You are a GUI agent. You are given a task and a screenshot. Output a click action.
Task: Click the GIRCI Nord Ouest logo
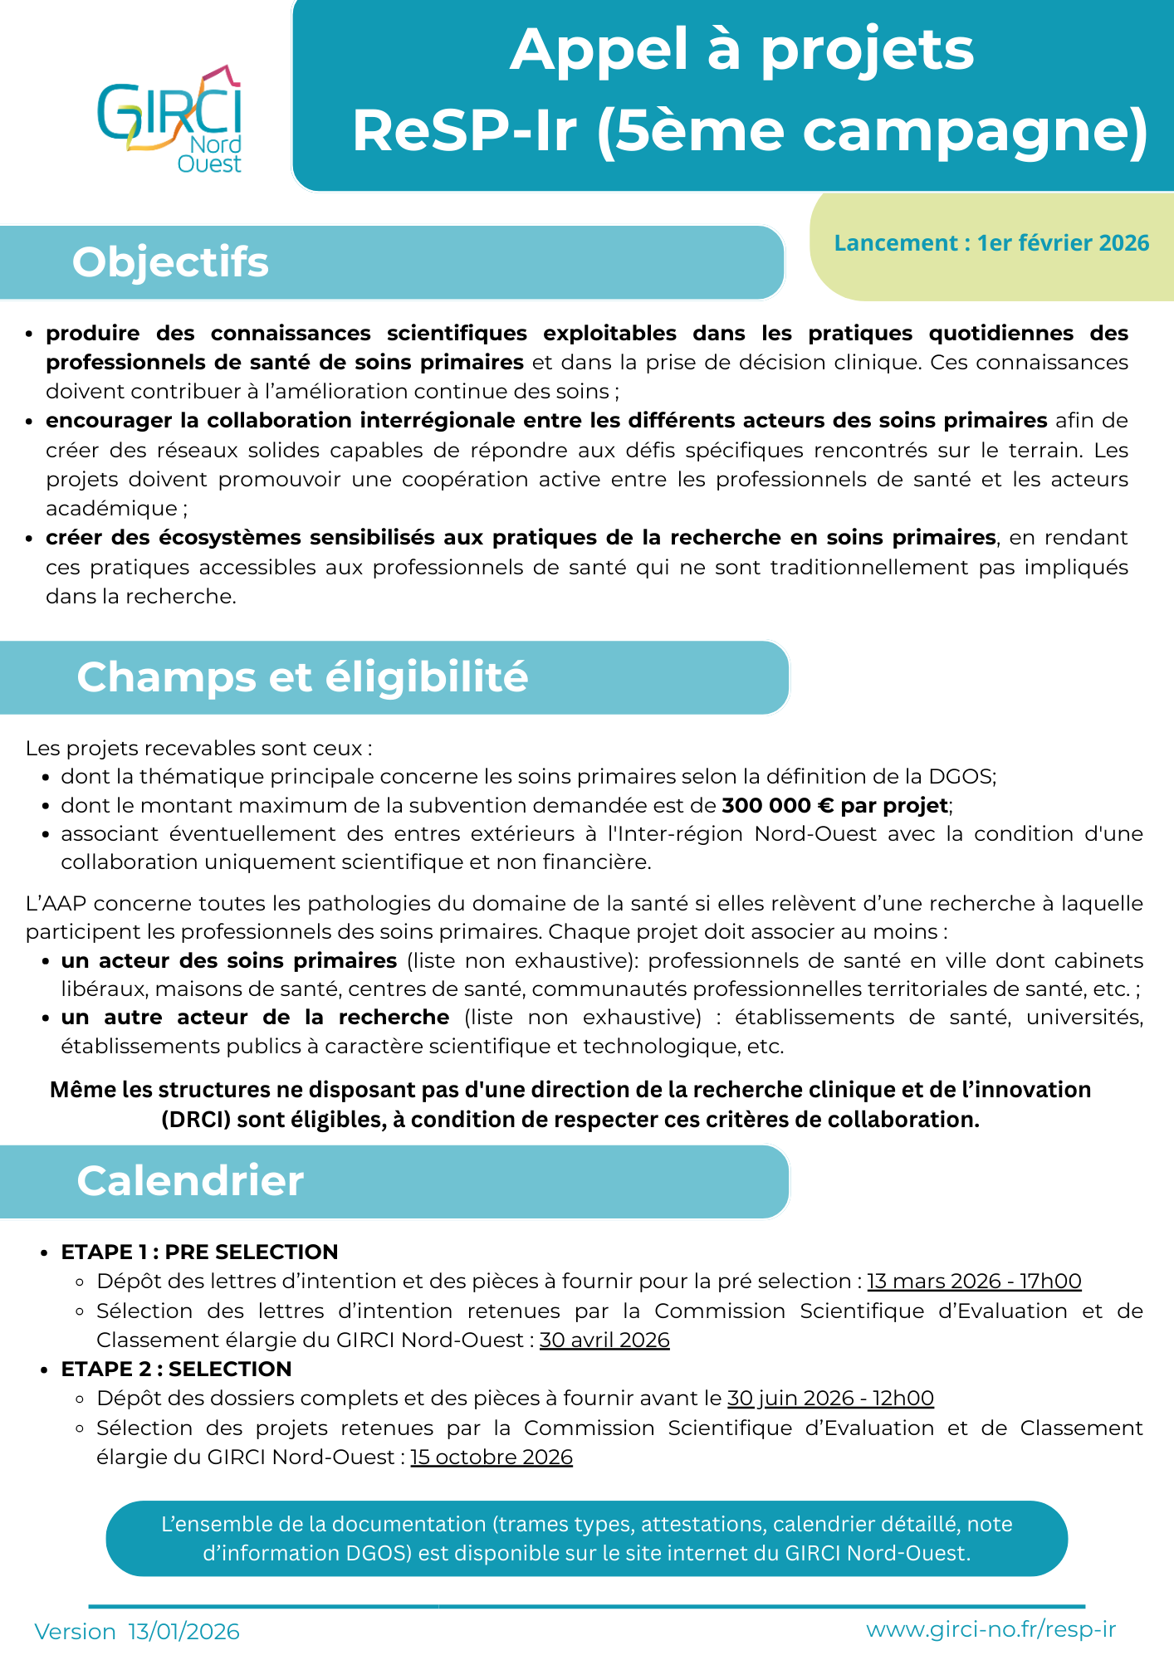click(171, 120)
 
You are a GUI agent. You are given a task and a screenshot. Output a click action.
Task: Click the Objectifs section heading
click(170, 262)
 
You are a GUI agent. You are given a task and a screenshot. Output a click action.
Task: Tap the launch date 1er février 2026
click(1063, 243)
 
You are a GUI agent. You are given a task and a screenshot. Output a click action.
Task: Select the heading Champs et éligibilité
click(302, 677)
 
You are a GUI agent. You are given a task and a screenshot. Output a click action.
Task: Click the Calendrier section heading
click(190, 1181)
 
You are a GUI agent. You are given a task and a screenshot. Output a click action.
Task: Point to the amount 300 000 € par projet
click(835, 805)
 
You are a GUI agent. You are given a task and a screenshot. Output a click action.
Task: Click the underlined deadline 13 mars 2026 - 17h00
click(974, 1282)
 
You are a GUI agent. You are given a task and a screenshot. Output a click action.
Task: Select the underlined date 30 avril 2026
click(604, 1340)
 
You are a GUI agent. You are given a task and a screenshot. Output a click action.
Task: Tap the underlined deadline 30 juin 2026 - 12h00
click(830, 1399)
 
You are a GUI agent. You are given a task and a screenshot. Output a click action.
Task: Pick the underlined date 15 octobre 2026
click(492, 1457)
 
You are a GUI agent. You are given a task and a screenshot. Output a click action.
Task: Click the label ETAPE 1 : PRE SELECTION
click(199, 1252)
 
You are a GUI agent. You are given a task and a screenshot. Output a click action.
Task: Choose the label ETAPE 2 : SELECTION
click(176, 1369)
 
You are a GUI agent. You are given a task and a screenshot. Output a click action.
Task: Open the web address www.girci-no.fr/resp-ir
click(991, 1629)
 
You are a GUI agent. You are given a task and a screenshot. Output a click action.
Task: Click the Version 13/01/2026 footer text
click(137, 1632)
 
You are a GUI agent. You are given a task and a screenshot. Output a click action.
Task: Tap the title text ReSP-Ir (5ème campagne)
click(751, 131)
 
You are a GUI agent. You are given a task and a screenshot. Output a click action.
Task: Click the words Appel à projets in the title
click(741, 50)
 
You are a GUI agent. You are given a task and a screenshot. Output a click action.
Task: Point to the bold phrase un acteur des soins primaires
click(229, 961)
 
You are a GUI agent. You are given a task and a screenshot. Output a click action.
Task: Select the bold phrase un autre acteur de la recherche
click(255, 1018)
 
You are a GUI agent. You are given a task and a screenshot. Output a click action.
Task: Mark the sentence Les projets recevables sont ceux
click(198, 748)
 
